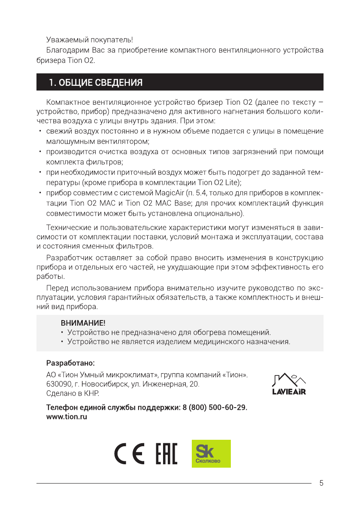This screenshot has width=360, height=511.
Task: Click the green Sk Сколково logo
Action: pyautogui.click(x=211, y=454)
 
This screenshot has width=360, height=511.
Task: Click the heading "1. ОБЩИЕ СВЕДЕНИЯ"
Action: pyautogui.click(x=95, y=82)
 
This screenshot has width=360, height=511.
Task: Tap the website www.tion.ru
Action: pyautogui.click(x=67, y=417)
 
